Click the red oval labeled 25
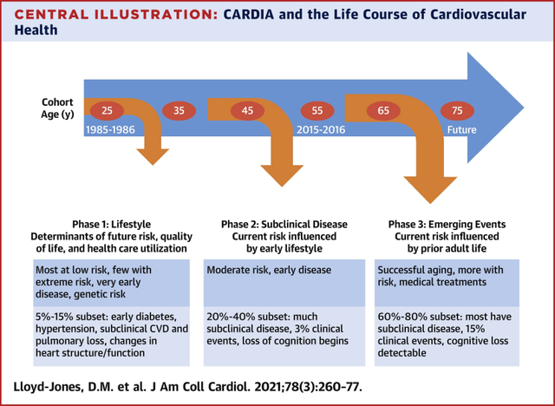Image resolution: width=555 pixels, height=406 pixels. [x=107, y=110]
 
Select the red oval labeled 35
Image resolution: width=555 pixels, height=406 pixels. [x=178, y=110]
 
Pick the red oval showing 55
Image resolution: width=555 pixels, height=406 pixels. [x=317, y=110]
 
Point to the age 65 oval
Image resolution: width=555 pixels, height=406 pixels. [x=384, y=110]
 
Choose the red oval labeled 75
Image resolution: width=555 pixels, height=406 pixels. [x=457, y=110]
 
